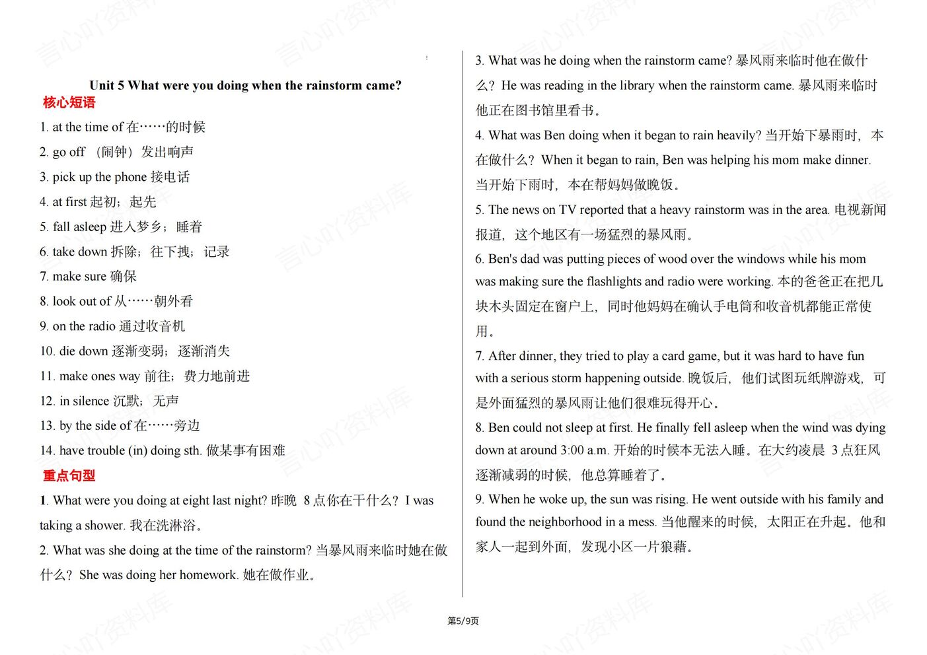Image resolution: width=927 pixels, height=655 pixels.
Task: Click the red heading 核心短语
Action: tap(69, 102)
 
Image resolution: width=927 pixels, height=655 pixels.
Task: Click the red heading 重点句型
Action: tap(69, 475)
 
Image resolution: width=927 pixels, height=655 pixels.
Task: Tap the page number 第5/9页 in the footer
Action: tap(463, 621)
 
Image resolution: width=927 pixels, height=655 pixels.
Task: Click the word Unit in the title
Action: tap(102, 85)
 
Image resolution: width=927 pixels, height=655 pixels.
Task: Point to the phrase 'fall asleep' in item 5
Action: tap(79, 227)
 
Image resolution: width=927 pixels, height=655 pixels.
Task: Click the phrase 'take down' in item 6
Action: tap(79, 252)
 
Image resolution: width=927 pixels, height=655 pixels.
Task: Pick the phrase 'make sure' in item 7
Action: tap(79, 277)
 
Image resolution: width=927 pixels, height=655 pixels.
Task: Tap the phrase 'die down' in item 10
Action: tap(83, 351)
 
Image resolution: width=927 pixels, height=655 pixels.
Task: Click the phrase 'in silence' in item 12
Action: tap(84, 401)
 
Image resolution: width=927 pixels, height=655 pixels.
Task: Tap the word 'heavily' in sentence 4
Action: tap(739, 135)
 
